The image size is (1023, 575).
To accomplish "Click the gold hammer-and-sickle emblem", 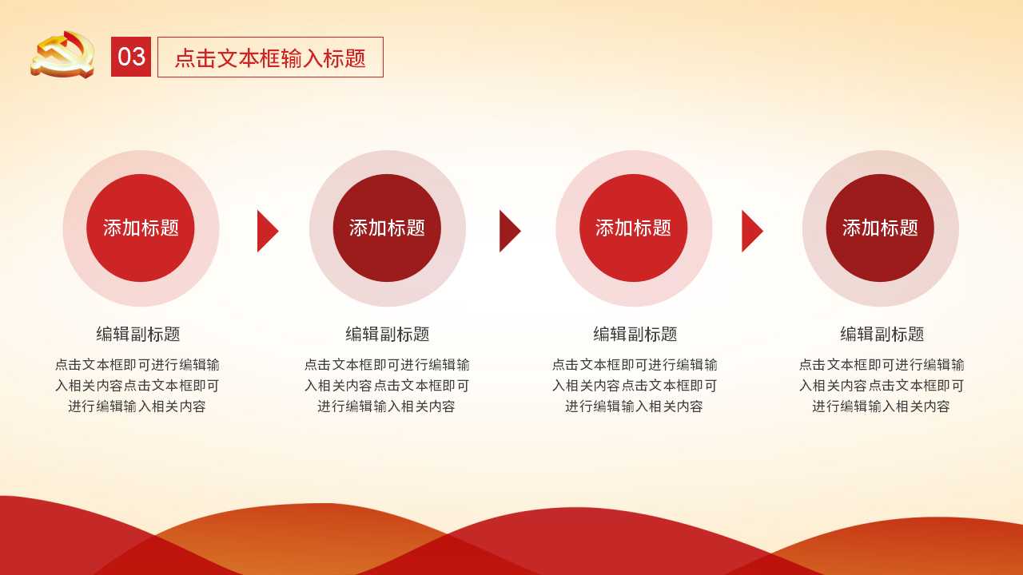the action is [x=63, y=54].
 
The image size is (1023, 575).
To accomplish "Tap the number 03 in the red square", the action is [x=131, y=57].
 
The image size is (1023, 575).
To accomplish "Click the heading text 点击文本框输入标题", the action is [x=270, y=58].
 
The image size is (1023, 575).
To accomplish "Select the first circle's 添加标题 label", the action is [x=141, y=228].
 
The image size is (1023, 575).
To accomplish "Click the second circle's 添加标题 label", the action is [x=388, y=228].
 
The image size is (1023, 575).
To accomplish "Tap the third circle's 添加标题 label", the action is [x=634, y=228].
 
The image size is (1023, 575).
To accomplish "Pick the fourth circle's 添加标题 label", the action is [x=880, y=228].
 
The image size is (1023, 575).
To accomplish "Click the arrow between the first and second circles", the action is [x=268, y=232].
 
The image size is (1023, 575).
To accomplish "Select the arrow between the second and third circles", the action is [x=510, y=232].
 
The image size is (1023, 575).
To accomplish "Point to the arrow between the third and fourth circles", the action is [x=752, y=232].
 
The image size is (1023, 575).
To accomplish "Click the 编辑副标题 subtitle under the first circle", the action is [x=138, y=334].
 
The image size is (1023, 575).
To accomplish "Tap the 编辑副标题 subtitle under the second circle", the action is [x=388, y=334].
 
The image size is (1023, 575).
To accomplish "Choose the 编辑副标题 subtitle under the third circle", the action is [x=635, y=334].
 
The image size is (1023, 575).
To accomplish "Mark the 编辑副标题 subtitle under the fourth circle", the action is [x=882, y=334].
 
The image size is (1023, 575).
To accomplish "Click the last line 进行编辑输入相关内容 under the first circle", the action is [x=137, y=406].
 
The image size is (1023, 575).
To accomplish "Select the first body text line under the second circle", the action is [x=387, y=365].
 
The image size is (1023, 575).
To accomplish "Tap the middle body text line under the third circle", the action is [x=635, y=386].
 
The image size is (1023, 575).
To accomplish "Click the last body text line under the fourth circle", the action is [x=881, y=406].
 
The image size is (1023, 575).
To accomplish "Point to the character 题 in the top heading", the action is [x=356, y=58].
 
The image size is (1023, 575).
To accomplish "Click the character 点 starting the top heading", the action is [x=185, y=58].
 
